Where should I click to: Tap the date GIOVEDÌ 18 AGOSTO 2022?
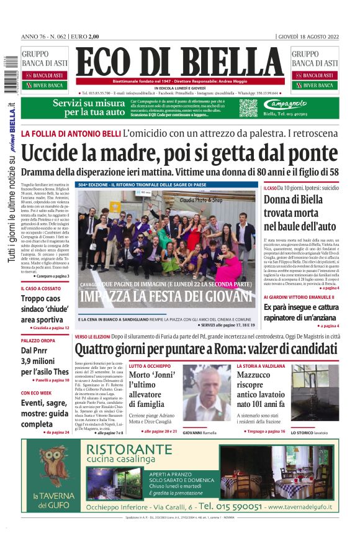tap(308, 36)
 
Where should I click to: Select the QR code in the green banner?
tap(248, 107)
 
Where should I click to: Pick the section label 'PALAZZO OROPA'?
tap(38, 341)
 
